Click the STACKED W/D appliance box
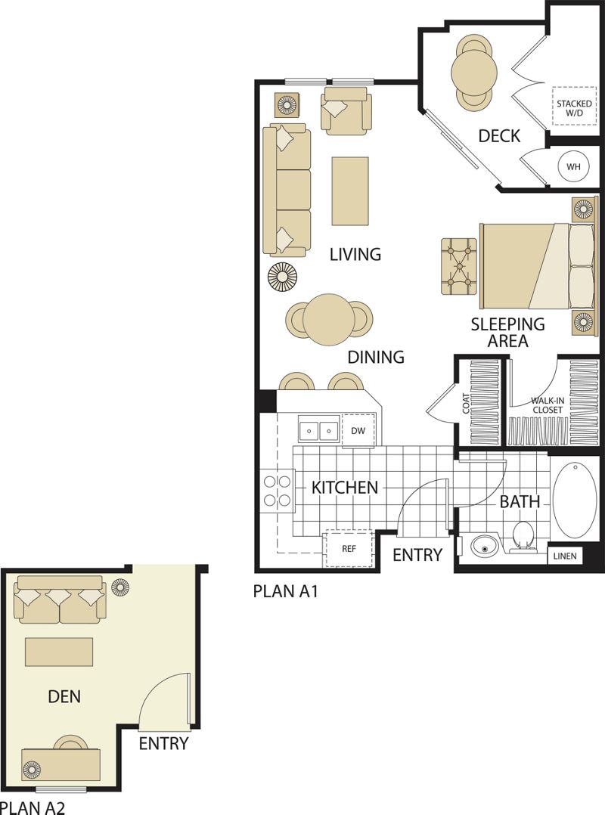pos(574,106)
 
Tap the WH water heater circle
pos(574,167)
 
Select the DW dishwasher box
pos(358,430)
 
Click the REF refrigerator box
pos(349,550)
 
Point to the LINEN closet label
pos(565,556)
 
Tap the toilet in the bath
pos(523,536)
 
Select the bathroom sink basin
pos(485,547)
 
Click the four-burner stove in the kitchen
pos(278,491)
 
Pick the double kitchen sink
pos(318,430)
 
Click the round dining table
pos(330,319)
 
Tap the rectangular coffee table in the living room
pos(350,191)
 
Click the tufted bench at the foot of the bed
pos(460,266)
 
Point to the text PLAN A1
pos(285,591)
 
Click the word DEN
pos(64,696)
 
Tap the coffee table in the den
pos(59,652)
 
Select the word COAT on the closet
pos(466,404)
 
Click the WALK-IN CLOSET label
pos(546,405)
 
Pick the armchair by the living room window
pos(346,110)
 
